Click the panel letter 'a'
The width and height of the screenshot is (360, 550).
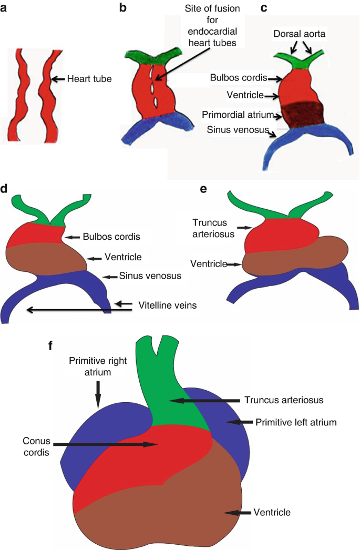5,9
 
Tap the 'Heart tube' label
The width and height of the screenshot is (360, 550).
89,79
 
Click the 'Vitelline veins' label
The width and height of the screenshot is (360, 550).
167,304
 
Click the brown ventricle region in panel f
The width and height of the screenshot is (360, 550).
158,505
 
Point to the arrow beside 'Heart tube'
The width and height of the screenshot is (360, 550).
58,79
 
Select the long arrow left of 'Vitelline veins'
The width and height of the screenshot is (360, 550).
79,310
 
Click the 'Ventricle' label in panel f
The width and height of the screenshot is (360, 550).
272,511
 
